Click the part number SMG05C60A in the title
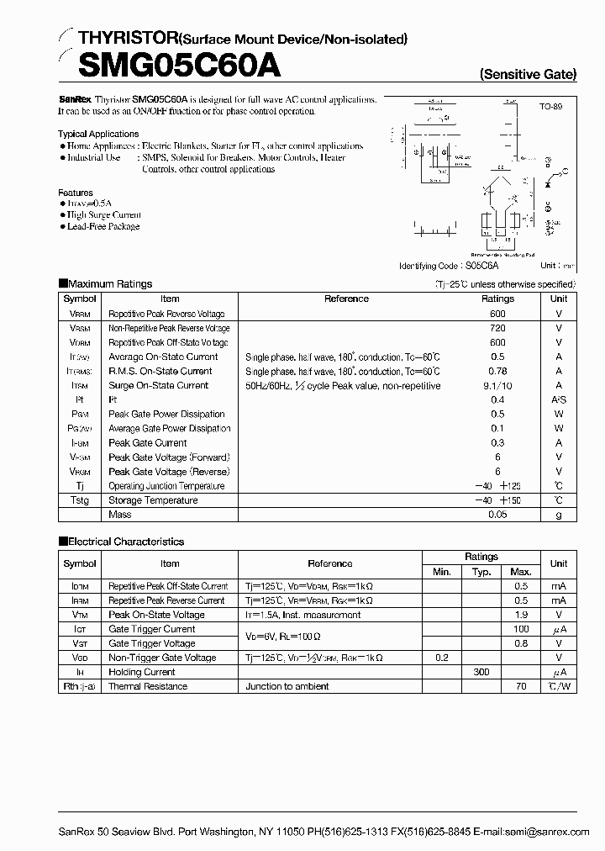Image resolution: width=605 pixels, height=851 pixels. pos(168,65)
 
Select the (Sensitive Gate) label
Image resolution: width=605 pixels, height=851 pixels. pos(528,74)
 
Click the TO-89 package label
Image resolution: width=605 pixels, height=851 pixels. pos(550,108)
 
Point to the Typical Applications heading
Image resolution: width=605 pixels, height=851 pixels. pos(98,134)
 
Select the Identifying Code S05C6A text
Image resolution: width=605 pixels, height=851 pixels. pos(449,264)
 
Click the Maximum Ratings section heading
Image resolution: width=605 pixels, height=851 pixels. pos(109,284)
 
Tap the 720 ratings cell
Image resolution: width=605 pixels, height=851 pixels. pos(497,328)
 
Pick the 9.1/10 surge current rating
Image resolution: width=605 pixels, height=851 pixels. pos(497,385)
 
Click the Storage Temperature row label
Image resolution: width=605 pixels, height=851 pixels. pos(153,500)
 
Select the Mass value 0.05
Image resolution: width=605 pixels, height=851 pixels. pos(497,515)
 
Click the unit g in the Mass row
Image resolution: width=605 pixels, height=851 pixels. pos(558,515)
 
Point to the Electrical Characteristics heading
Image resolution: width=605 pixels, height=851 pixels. pos(125,542)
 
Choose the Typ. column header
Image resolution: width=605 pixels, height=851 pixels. pos(481,572)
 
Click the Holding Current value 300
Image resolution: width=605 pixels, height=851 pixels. pos(481,672)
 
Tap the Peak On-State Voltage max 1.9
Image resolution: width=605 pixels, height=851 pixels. pos(521,615)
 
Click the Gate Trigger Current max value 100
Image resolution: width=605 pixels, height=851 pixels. pos(521,629)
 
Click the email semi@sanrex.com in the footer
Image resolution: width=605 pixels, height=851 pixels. pos(546,831)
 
